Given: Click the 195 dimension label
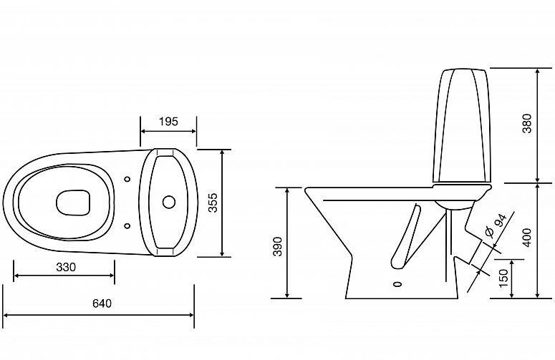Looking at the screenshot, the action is [168, 122].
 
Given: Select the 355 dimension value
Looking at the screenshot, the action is [213, 203].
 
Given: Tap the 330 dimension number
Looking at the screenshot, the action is [66, 267].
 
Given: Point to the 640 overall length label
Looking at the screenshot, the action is [102, 303].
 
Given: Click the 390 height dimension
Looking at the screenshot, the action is [278, 246].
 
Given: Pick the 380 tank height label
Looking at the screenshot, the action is [527, 123].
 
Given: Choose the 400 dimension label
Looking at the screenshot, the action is [527, 238].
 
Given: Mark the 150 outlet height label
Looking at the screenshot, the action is [503, 278].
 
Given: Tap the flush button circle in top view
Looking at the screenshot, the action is [169, 202].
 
